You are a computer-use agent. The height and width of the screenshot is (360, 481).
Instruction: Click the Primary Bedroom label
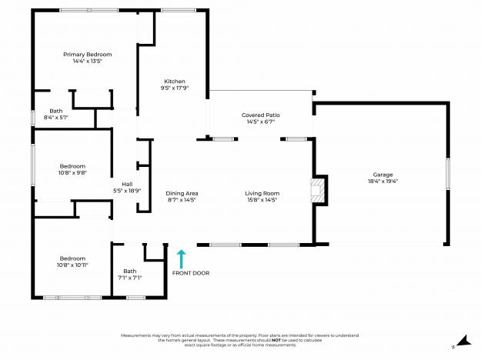88,55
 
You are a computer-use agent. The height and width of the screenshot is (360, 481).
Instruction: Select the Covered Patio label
260,115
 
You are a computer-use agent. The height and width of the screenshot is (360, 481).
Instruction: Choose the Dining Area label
182,193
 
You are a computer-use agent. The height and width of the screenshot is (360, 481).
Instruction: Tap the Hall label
128,184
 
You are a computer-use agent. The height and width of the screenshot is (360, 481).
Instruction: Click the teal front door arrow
182,257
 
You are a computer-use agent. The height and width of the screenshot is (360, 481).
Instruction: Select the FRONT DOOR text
190,273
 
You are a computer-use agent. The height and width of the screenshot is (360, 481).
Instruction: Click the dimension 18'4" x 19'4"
382,182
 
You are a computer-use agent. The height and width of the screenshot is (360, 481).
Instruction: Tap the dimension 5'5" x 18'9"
128,190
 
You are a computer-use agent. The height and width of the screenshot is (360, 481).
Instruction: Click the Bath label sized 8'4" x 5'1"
56,111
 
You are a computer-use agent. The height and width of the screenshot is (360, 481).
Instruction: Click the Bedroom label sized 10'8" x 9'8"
73,166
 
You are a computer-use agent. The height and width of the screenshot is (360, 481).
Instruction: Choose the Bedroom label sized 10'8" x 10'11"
73,258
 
